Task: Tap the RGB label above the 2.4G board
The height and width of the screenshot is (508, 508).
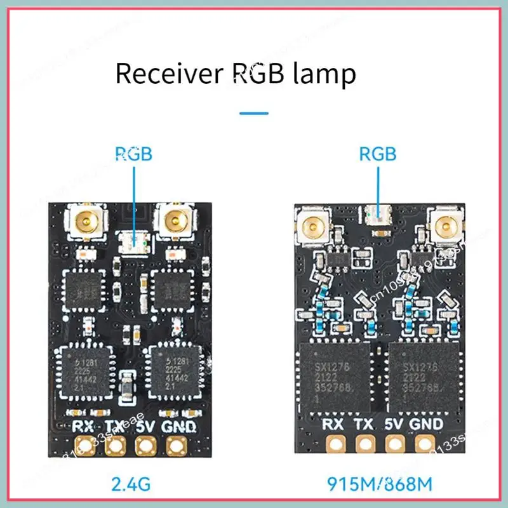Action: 134,154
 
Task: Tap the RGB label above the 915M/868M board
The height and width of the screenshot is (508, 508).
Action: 378,154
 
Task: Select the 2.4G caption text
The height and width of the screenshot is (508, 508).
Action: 130,486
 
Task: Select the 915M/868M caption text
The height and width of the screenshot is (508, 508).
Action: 378,486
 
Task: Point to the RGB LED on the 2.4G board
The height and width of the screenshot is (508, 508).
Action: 134,242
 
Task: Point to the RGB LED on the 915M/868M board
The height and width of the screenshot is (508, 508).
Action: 378,215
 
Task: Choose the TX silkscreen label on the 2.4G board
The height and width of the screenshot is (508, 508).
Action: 114,426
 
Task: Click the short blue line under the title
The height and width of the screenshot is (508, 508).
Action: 254,114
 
